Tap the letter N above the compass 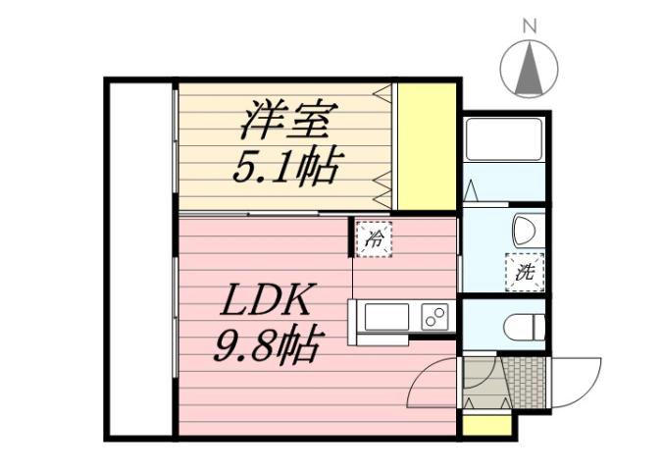coord(529,26)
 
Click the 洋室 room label coord(284,123)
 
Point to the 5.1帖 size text coord(284,167)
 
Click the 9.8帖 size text coord(265,343)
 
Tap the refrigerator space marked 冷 coord(374,237)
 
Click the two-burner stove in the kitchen coord(433,318)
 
